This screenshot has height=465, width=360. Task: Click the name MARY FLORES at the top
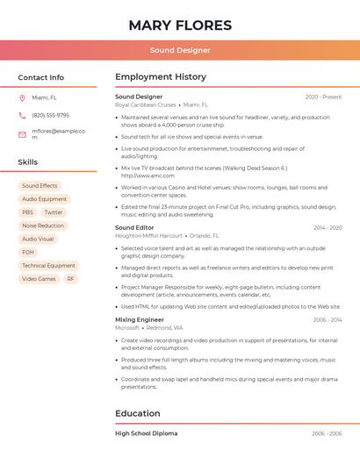[x=180, y=25]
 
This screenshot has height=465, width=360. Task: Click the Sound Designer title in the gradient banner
[x=180, y=50]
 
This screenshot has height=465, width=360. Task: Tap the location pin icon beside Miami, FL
[x=22, y=98]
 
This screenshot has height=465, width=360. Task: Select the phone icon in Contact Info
[x=22, y=115]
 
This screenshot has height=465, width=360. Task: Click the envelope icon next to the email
[x=22, y=134]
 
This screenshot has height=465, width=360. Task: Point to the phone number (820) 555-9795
[x=50, y=115]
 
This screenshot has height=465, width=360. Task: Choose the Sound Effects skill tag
[x=40, y=186]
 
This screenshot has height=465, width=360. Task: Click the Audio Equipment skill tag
[x=44, y=199]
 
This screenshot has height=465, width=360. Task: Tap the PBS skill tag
[x=27, y=212]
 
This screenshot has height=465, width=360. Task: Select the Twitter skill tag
[x=54, y=212]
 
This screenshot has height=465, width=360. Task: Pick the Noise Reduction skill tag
[x=43, y=225]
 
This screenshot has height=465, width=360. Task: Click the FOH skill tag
[x=28, y=252]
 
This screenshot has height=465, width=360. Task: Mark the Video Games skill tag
[x=39, y=279]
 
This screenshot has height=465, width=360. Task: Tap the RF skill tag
[x=70, y=279]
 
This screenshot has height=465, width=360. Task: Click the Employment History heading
[x=161, y=77]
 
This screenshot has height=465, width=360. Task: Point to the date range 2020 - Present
[x=323, y=97]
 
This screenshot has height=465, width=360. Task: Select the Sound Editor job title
[x=135, y=228]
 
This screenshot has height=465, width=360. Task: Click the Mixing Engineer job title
[x=140, y=320]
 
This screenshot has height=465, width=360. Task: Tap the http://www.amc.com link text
[x=141, y=175]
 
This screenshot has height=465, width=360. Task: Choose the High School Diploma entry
[x=146, y=433]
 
